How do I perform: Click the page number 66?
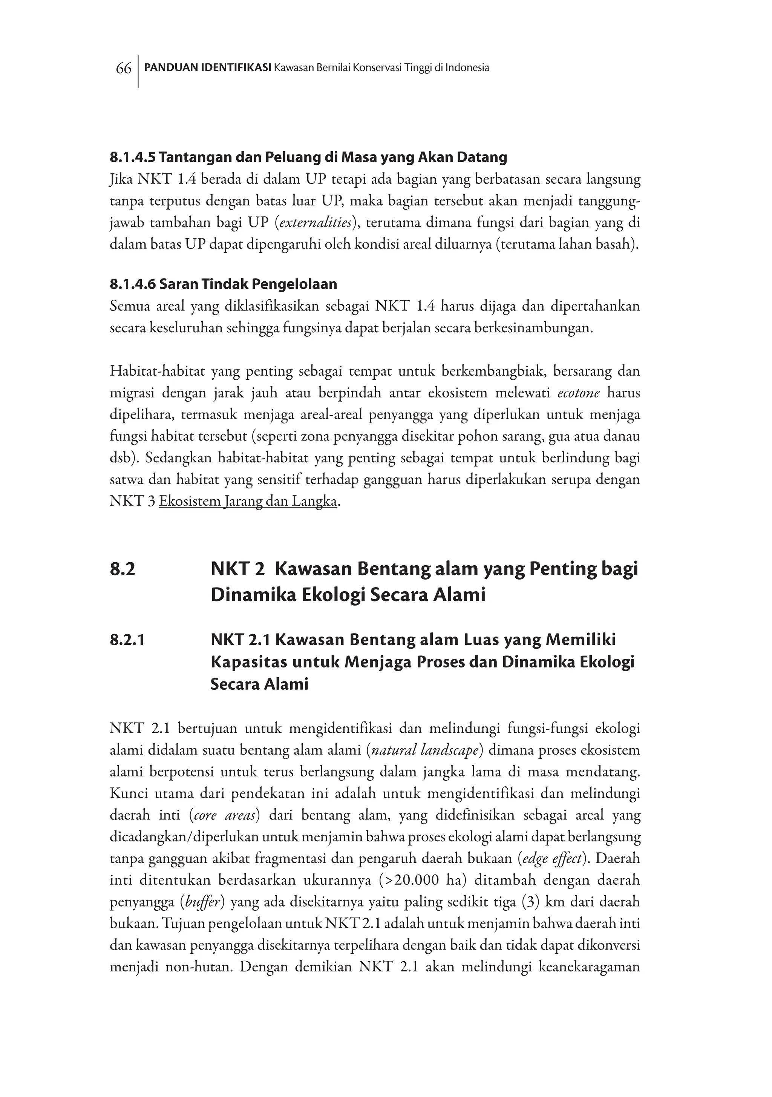click(x=123, y=69)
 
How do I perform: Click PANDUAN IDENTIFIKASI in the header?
click(x=208, y=68)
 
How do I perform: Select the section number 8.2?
click(x=122, y=569)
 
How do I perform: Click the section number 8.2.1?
click(x=127, y=640)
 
